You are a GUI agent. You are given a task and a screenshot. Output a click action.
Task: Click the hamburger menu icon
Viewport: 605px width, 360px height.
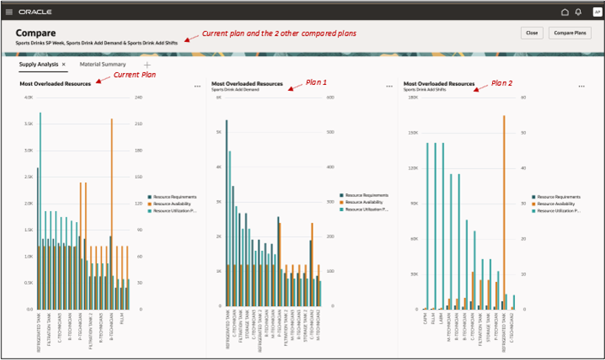tap(9, 12)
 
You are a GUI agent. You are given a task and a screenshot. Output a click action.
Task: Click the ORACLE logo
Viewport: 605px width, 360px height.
tap(35, 12)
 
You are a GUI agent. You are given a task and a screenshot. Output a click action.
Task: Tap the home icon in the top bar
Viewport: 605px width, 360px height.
tap(565, 12)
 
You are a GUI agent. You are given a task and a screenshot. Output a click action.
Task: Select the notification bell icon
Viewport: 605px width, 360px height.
tap(578, 12)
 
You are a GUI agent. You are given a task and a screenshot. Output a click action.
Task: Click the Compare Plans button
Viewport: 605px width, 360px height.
tap(570, 33)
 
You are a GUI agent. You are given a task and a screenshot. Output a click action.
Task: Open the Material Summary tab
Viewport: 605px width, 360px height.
tap(103, 65)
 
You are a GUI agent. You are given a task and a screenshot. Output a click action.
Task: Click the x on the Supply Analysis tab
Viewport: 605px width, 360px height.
tap(63, 65)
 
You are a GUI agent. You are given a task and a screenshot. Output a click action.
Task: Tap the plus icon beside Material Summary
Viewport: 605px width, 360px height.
tap(146, 65)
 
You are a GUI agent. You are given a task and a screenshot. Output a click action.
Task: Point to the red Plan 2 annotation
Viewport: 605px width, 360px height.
tap(502, 83)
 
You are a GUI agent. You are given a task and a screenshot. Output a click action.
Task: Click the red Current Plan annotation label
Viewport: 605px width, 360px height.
tap(134, 75)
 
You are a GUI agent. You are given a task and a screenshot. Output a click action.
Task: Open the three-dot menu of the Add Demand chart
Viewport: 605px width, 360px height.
tap(389, 86)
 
